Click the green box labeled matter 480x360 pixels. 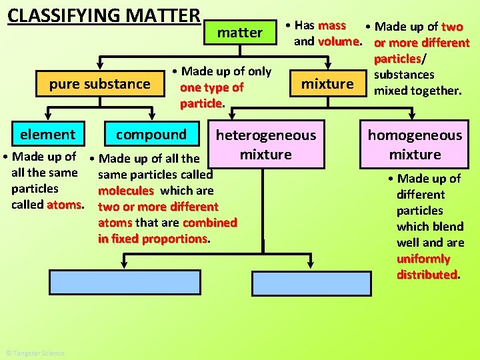pyautogui.click(x=240, y=33)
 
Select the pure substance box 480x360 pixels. pyautogui.click(x=100, y=84)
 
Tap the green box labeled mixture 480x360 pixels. pyautogui.click(x=327, y=84)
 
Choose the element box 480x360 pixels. pyautogui.click(x=47, y=135)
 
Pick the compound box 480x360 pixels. pyautogui.click(x=151, y=135)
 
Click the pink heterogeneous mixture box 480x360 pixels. pyautogui.click(x=266, y=145)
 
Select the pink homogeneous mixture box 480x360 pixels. pyautogui.click(x=415, y=145)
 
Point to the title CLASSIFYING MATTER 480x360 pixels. pyautogui.click(x=104, y=15)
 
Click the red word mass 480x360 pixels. pyautogui.click(x=332, y=26)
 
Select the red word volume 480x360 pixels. pyautogui.click(x=339, y=41)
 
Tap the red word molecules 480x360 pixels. pyautogui.click(x=126, y=191)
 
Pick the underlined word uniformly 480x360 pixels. pyautogui.click(x=423, y=259)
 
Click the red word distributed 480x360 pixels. pyautogui.click(x=427, y=275)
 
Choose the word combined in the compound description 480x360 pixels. pyautogui.click(x=209, y=223)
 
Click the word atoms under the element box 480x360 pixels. pyautogui.click(x=64, y=205)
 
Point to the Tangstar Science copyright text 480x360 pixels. pyautogui.click(x=35, y=353)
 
